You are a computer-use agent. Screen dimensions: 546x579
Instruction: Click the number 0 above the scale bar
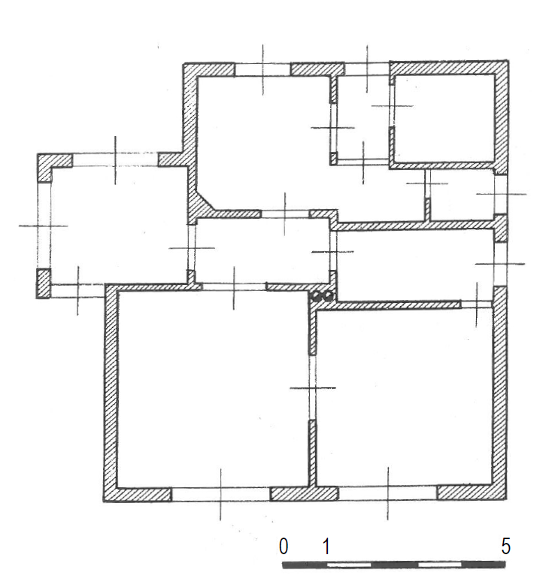284,546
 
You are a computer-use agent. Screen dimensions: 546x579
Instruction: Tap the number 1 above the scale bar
326,546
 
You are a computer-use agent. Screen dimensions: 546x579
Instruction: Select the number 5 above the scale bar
505,546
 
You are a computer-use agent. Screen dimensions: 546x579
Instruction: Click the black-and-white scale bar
394,565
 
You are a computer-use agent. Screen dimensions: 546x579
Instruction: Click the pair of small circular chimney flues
322,296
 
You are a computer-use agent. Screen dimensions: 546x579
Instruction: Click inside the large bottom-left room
212,389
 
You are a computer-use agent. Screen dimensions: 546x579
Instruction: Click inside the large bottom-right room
404,398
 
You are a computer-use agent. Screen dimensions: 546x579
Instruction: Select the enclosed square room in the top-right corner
444,118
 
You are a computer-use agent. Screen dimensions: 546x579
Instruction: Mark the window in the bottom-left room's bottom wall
220,494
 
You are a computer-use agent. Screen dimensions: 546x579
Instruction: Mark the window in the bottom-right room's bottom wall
387,493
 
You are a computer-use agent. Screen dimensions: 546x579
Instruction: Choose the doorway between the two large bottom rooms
313,387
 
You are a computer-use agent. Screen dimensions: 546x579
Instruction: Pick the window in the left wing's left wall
44,226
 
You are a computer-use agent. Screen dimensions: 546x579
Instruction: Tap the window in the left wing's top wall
115,160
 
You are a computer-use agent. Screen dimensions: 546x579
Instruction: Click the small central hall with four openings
262,250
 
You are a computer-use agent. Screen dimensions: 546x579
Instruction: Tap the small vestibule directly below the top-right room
462,195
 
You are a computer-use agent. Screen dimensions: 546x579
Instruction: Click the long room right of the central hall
415,265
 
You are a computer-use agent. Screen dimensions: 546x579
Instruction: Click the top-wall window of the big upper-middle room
262,69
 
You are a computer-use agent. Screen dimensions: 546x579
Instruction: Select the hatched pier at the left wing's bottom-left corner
43,283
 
